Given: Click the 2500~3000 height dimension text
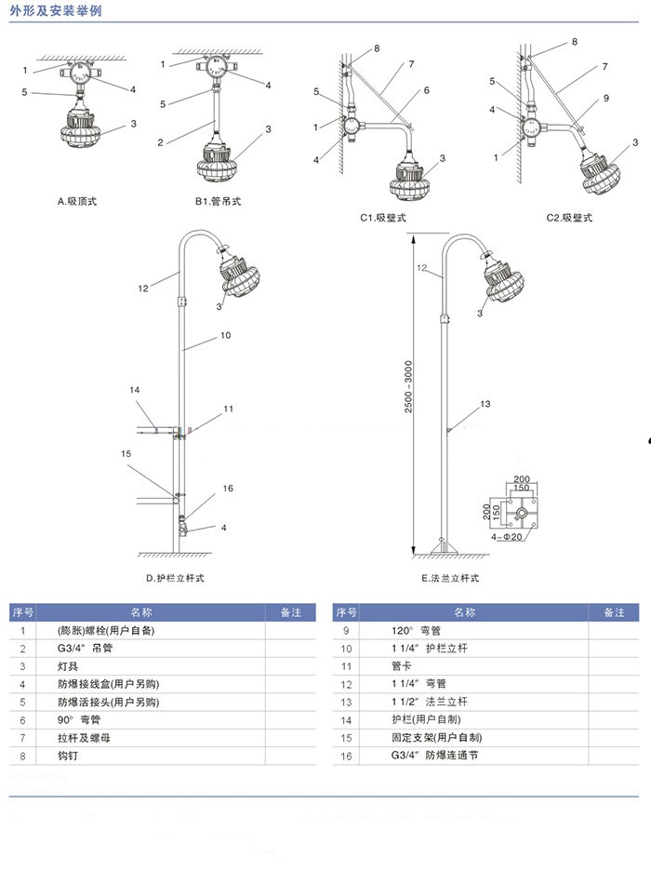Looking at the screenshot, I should tap(409, 388).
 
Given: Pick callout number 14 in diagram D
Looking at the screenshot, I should tap(134, 390).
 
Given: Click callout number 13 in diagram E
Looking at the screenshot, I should tap(485, 404).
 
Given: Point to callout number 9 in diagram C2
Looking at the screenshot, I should tap(605, 98).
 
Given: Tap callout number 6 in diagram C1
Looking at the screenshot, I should tap(426, 90).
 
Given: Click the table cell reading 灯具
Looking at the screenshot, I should tap(69, 666).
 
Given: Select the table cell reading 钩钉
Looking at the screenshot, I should tap(69, 755).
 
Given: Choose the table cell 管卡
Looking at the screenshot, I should tap(401, 666).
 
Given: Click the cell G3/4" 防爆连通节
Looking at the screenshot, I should tap(434, 755).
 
